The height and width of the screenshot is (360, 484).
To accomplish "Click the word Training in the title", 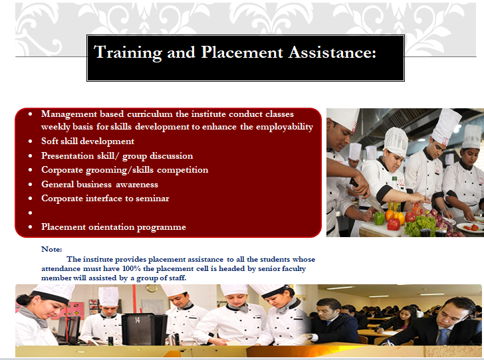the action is coord(128,52).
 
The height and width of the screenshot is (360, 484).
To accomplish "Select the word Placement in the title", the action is coord(242,52).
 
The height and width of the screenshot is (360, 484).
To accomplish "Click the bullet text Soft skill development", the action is coord(88,141).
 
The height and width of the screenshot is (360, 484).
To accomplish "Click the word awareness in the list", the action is coord(137,185).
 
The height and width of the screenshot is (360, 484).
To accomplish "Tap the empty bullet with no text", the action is coord(31,213).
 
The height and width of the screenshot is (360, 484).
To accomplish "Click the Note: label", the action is coord(52,249).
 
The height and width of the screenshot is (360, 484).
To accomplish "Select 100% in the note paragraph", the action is coord(131,269).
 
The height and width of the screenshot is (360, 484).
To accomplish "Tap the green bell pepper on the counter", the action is coord(380,218).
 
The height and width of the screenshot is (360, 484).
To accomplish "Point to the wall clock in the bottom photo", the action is coord(152,288).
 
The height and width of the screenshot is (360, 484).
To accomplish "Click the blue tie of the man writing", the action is coord(443,337).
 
